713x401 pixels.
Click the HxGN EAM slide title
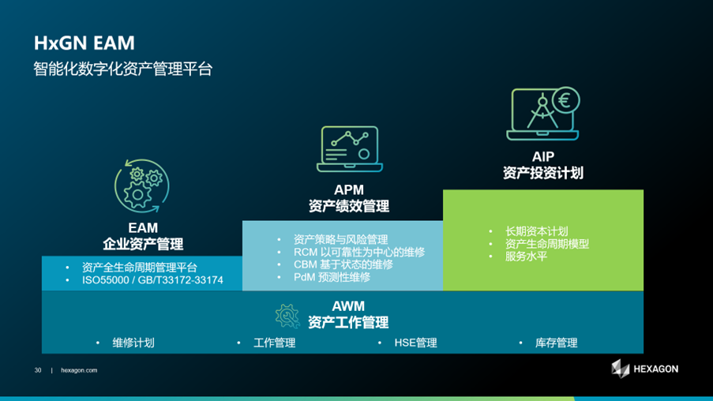click(x=84, y=42)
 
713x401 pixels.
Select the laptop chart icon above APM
click(x=349, y=148)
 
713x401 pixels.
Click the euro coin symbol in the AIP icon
click(x=565, y=100)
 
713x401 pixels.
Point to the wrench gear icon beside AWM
click(x=286, y=315)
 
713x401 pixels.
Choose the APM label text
click(x=349, y=190)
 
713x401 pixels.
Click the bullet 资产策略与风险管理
click(x=340, y=239)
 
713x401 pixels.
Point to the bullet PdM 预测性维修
click(x=332, y=277)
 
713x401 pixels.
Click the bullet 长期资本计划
click(x=536, y=231)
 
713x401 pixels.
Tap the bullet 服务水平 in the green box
click(x=526, y=256)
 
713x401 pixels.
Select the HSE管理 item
click(x=415, y=343)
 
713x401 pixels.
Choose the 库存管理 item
click(x=556, y=343)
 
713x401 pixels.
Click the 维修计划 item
click(x=133, y=343)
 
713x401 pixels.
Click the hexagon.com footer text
click(x=79, y=370)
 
